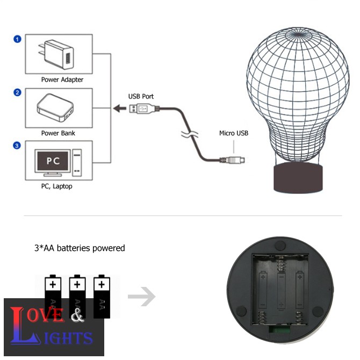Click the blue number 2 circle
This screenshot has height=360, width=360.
tap(17, 93)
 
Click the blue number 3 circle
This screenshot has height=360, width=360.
tap(17, 146)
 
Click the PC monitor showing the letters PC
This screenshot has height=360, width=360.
tap(52, 161)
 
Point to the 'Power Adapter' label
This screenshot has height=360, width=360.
tap(62, 80)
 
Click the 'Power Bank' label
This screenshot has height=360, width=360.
tap(58, 133)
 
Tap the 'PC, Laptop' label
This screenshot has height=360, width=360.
tap(56, 186)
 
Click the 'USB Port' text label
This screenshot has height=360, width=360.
tap(141, 96)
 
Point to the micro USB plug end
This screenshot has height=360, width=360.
tap(236, 160)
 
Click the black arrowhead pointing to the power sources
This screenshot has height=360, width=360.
tap(117, 109)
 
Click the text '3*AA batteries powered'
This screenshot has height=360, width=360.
tap(80, 248)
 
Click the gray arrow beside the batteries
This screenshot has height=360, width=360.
tap(142, 297)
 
